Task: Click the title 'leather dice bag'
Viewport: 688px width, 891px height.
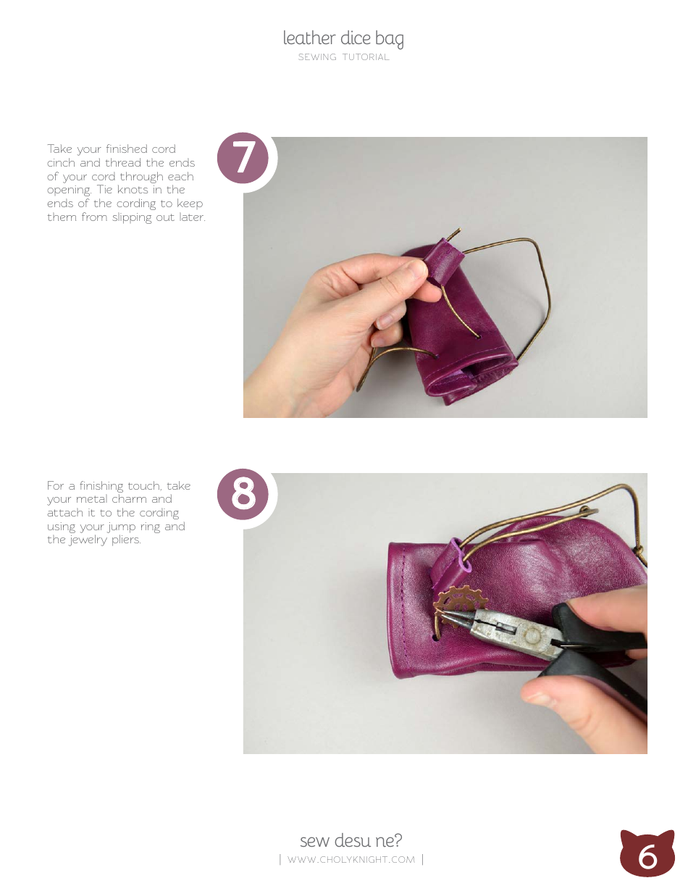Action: coord(343,38)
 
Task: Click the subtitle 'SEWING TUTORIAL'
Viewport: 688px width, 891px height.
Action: coord(343,57)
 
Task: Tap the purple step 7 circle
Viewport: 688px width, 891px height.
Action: coord(243,158)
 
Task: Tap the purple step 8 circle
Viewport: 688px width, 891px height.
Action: coord(243,495)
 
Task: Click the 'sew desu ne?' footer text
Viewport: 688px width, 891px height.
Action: coord(351,840)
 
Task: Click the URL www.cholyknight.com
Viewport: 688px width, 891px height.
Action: coord(351,860)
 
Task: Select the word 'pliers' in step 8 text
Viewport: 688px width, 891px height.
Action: coord(123,540)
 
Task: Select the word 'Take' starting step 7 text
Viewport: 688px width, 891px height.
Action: coord(59,149)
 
